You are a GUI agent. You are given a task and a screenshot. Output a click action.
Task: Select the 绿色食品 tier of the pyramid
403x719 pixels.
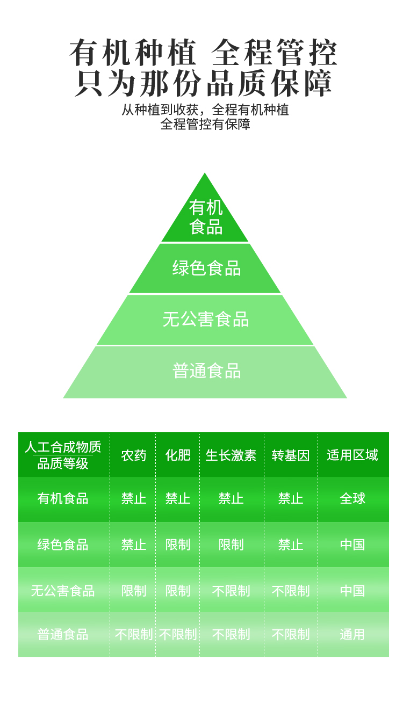206,268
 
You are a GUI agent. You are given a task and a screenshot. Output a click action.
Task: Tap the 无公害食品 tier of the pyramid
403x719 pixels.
205,319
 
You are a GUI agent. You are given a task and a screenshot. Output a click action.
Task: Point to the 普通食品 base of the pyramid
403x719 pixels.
206,371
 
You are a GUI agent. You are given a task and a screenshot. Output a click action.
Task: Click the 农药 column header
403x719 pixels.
133,455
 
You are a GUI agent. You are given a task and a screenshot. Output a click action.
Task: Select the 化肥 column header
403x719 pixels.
178,455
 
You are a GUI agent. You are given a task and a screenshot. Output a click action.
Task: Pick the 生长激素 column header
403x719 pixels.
231,455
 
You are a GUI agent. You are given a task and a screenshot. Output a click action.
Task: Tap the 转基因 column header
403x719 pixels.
291,455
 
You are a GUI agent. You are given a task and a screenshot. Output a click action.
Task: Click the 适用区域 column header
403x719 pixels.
352,455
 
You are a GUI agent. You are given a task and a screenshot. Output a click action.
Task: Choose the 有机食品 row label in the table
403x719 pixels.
63,498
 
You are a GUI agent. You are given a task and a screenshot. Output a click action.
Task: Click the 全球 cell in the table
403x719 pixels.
352,498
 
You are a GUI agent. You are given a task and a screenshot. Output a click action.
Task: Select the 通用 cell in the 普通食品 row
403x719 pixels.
352,634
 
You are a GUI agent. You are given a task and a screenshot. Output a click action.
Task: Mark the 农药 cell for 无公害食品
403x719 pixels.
133,591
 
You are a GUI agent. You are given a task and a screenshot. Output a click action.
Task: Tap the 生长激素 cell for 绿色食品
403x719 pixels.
231,544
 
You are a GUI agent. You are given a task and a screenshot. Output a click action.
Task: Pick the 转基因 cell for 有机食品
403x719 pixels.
291,498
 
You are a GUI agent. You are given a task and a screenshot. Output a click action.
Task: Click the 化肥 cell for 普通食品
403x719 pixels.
178,634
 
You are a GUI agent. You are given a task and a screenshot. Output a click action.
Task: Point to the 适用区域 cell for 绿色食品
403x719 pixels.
352,544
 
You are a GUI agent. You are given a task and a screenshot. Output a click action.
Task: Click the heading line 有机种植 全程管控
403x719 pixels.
204,53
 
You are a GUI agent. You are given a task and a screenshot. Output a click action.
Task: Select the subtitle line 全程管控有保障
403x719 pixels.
205,124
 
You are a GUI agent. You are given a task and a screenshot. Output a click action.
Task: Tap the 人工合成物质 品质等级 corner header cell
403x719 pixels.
63,455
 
